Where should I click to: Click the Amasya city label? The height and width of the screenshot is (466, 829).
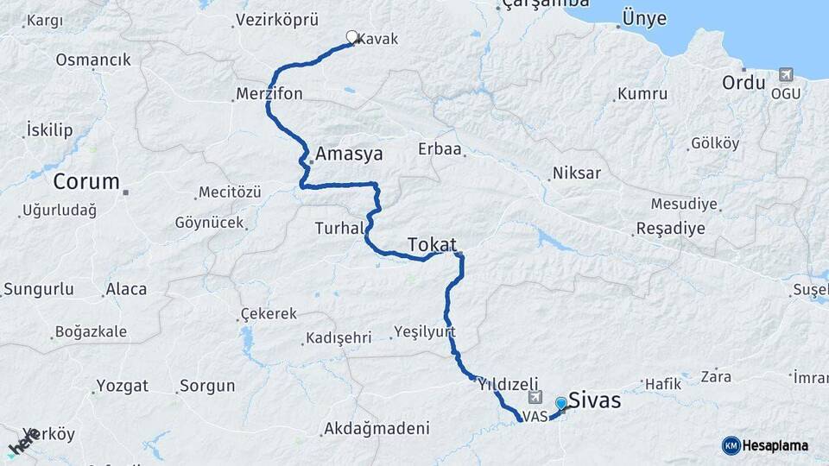point(349,154)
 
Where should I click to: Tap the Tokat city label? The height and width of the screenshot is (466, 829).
point(432,244)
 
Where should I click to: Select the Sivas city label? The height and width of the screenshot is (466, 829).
point(594,401)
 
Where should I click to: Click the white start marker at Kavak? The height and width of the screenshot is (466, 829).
point(351,37)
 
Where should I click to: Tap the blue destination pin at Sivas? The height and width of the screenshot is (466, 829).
point(561,404)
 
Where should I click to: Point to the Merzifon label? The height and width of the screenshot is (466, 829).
point(270,94)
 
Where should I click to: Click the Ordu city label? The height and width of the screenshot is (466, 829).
point(744,84)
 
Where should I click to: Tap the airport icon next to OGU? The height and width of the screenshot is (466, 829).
point(786,75)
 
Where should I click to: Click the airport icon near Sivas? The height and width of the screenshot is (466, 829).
point(535,399)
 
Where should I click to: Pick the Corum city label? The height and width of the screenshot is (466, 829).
point(86,182)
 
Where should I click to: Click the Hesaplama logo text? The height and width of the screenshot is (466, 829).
point(775,445)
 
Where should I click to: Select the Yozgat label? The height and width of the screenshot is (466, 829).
point(122,386)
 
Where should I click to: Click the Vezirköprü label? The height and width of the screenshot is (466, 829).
point(277,20)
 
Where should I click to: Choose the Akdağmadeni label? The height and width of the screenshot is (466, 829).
point(376,428)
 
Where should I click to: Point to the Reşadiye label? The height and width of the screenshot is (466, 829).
point(670,229)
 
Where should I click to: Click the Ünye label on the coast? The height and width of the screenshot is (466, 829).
point(641,19)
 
